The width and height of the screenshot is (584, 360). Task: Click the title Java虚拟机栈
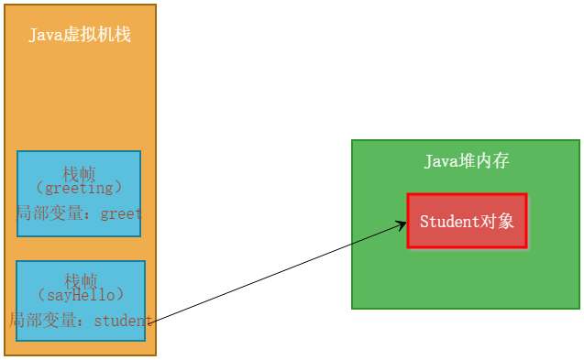(80, 35)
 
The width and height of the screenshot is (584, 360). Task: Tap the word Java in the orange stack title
(45, 35)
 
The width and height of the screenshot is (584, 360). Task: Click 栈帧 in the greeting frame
(78, 173)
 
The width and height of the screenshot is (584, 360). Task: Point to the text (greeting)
(78, 189)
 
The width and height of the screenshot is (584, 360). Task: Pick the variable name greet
(121, 213)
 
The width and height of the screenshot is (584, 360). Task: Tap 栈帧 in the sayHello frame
(80, 279)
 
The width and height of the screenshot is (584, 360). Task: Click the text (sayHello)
(80, 295)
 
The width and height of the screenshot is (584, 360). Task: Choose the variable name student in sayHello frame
(123, 321)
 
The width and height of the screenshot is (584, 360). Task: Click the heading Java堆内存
(466, 161)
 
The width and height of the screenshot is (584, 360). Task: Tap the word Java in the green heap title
(440, 161)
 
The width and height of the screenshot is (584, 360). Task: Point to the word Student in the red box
(449, 222)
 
